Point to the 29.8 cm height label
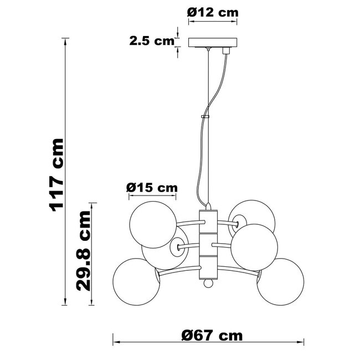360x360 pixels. pos(83,251)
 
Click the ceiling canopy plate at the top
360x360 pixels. pos(213,43)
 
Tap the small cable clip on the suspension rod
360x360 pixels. pos(205,117)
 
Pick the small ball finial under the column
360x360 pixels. pos(207,284)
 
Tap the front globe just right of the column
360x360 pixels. pos(254,245)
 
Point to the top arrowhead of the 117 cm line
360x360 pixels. pos(66,40)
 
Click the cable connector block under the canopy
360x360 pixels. pos(225,50)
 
